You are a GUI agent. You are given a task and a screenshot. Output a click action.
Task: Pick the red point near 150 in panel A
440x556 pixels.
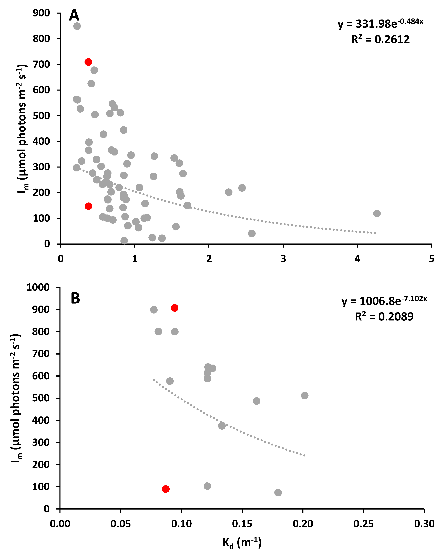[88, 206]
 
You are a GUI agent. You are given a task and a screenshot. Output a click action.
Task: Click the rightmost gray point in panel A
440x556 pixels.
[377, 213]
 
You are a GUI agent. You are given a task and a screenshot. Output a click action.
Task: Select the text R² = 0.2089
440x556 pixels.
[384, 317]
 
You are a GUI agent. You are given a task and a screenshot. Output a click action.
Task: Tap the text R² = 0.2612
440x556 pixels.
[380, 40]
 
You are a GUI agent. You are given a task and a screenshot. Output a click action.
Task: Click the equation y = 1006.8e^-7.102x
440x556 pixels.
[384, 301]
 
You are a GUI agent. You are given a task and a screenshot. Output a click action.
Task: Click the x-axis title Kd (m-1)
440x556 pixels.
[242, 543]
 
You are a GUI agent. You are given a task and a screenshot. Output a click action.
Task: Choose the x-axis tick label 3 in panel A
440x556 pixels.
[283, 259]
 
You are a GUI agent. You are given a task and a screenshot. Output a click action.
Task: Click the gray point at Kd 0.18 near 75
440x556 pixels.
[278, 493]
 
